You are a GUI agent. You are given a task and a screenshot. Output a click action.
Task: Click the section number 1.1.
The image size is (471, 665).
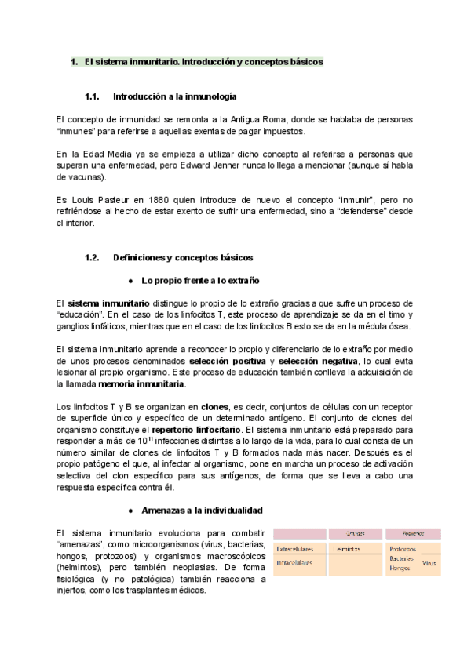click(x=92, y=96)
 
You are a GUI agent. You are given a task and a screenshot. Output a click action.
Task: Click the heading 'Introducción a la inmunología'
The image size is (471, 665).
click(x=174, y=96)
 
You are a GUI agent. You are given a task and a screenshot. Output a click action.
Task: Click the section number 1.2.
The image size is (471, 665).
click(x=92, y=256)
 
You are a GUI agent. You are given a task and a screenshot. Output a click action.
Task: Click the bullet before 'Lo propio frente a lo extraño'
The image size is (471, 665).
click(x=130, y=280)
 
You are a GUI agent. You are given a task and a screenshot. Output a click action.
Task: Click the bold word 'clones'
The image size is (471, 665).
click(x=214, y=408)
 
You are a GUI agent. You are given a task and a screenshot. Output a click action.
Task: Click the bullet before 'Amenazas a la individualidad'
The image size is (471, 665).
click(x=130, y=510)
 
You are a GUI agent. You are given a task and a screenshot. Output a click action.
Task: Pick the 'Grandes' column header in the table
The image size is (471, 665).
click(x=355, y=533)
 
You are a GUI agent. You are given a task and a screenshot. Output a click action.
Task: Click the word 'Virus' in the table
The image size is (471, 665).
click(x=429, y=563)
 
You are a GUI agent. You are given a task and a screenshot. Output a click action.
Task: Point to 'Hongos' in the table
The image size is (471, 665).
click(x=400, y=569)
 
